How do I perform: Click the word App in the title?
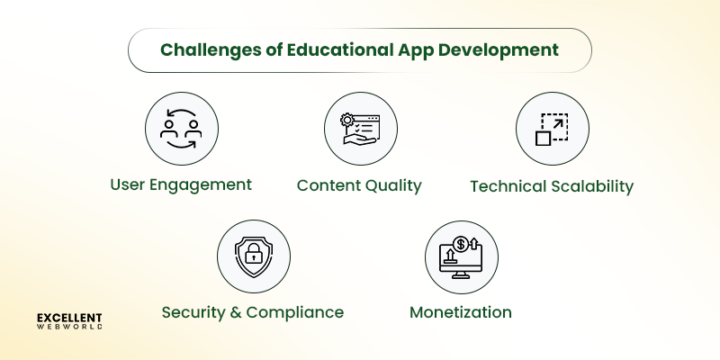411,49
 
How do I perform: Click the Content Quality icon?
359,129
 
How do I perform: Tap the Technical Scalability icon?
551,129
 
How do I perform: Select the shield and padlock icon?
253,256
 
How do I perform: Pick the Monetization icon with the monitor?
460,256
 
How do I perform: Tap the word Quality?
391,186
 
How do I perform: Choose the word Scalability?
589,186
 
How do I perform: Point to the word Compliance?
297,313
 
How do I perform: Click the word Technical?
505,186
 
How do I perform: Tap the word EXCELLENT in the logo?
69,318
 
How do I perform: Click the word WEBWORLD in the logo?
69,328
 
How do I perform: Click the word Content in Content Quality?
327,186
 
